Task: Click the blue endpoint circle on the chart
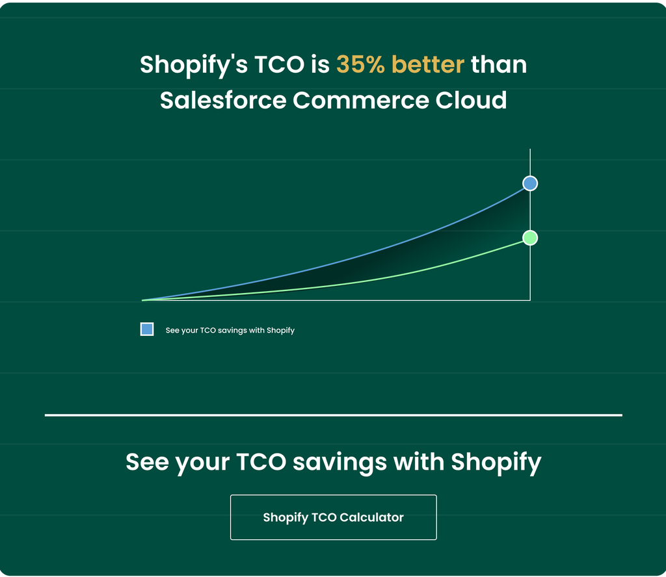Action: [530, 183]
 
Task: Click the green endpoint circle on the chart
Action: [530, 238]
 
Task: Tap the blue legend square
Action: [147, 329]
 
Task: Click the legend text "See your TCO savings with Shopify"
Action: [230, 330]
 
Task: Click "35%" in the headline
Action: [360, 64]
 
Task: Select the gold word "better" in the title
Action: [428, 64]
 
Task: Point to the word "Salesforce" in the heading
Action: [223, 100]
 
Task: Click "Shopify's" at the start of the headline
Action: [194, 66]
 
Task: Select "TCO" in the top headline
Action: [280, 64]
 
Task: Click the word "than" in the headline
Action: [499, 64]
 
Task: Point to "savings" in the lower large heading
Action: [340, 463]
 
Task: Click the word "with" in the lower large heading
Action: [419, 461]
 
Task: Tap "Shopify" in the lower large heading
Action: [496, 463]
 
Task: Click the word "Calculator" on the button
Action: [371, 517]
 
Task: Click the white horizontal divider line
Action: [334, 415]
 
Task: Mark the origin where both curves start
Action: [142, 300]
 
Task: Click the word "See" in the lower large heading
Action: [148, 461]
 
